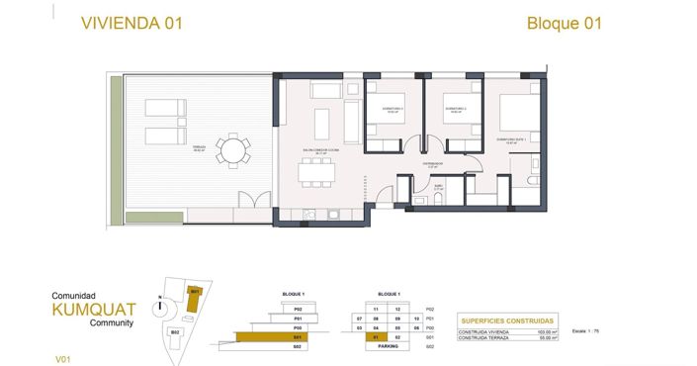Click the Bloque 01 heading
[564, 23]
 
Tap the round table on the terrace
[235, 150]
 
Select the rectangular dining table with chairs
[317, 175]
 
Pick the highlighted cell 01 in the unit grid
[377, 337]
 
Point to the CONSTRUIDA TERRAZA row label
[484, 339]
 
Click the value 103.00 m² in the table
[548, 332]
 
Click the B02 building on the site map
[175, 332]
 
